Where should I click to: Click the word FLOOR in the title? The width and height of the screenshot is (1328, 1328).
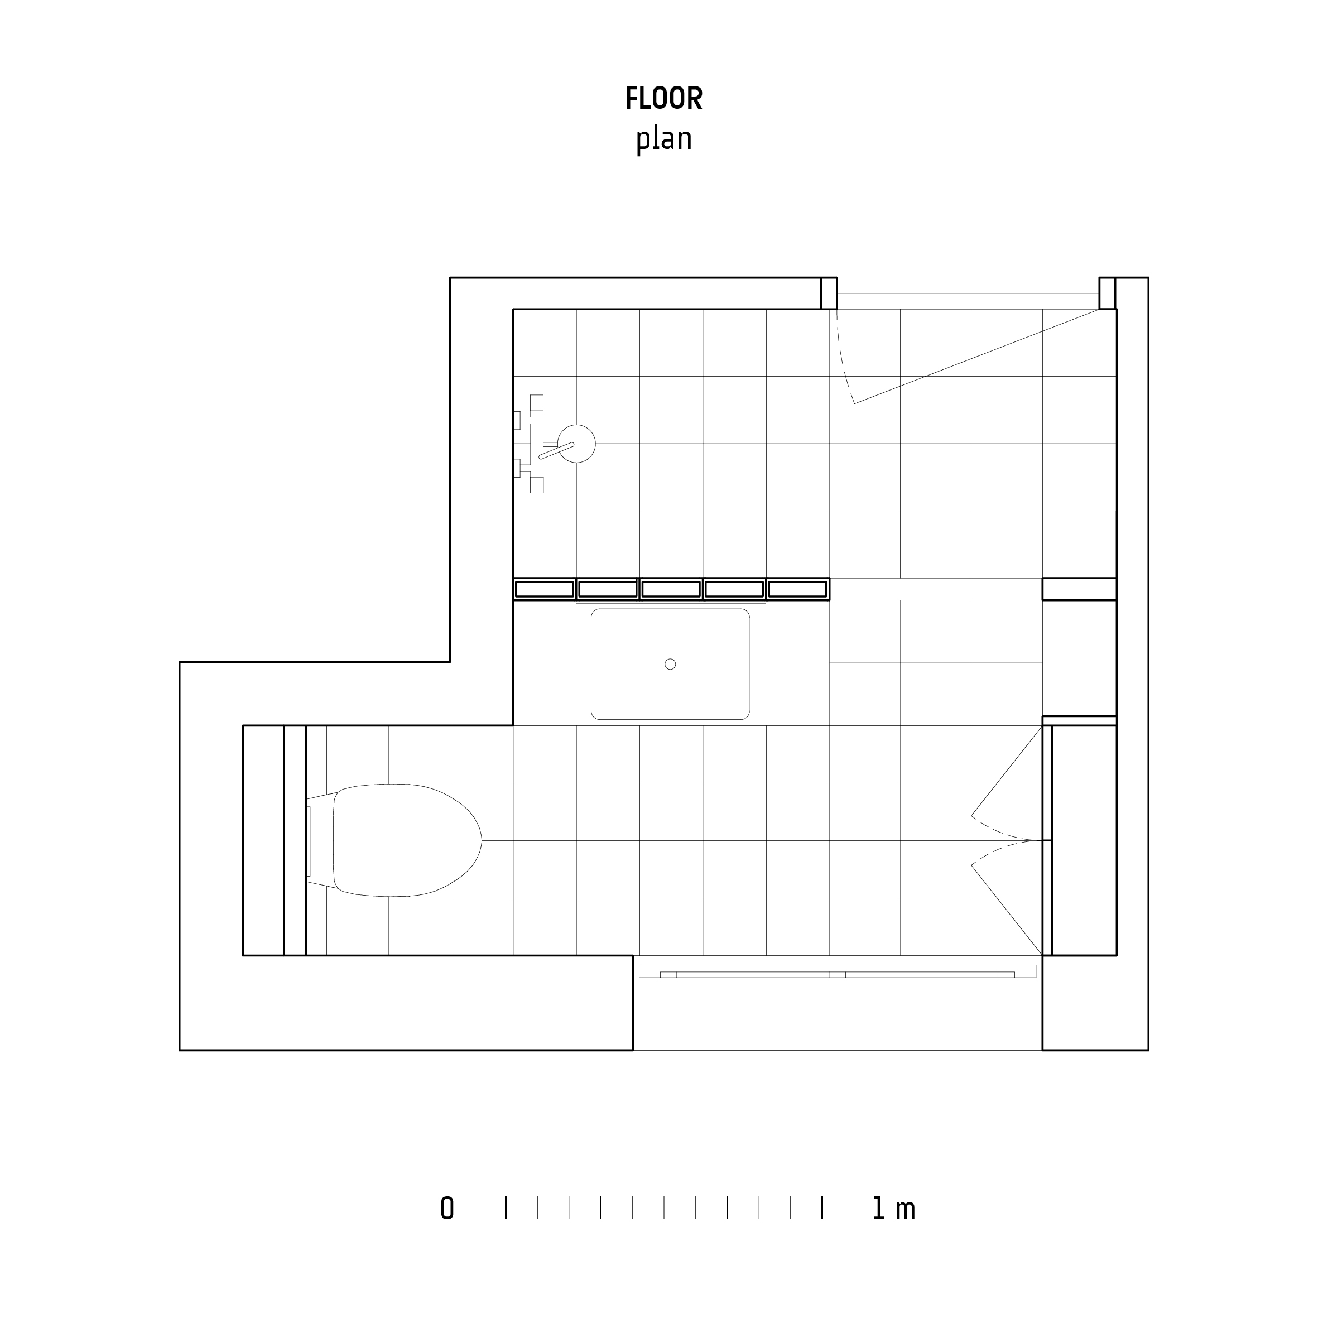663,98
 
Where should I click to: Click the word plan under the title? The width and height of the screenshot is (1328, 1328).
663,139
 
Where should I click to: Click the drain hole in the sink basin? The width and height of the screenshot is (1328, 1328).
670,664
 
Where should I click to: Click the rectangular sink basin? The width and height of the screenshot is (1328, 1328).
670,664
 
